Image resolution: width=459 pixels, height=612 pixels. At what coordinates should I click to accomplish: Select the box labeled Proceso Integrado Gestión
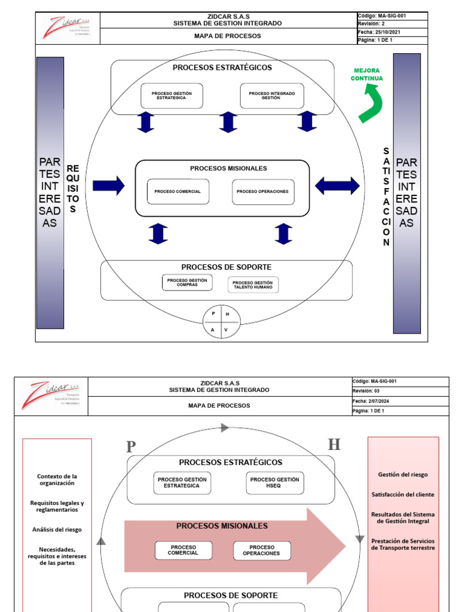coord(272,96)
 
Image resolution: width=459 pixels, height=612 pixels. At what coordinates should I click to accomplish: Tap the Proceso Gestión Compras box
coord(187,283)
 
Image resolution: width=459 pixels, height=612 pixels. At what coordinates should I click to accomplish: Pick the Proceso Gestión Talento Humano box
coord(253,285)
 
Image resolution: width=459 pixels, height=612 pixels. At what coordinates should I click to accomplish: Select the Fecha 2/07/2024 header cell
coord(400,401)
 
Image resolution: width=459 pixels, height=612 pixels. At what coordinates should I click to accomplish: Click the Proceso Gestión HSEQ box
coord(274,483)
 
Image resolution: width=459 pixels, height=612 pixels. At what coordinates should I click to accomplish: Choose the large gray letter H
coord(334,445)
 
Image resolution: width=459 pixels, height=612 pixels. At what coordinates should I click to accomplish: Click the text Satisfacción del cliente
coord(403,495)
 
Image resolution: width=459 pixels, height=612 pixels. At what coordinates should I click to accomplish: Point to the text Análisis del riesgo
coord(57,530)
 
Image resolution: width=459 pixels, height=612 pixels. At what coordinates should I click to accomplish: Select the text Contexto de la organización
coord(57,479)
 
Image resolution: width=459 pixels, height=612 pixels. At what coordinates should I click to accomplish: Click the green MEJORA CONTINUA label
coord(367,75)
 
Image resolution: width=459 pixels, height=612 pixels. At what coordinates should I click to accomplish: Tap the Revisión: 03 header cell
coord(400,391)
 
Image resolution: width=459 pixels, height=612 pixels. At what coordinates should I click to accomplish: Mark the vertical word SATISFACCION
coord(387,197)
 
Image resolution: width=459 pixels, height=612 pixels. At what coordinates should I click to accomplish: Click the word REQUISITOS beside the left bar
coord(73,189)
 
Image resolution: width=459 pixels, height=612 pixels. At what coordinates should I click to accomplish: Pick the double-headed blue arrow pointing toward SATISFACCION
coord(337,185)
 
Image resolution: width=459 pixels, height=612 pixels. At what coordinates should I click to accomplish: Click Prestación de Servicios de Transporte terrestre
coord(403,544)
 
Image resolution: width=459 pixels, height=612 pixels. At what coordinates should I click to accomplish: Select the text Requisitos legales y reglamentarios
coord(57,506)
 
